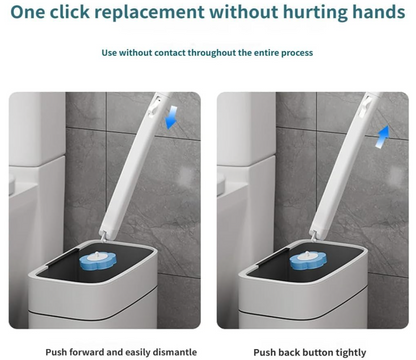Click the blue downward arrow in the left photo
(171, 117)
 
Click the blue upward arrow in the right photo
(382, 136)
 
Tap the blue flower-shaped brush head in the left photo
(98, 261)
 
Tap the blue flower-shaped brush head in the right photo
(308, 260)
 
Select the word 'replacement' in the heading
(150, 13)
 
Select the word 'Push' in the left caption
(56, 352)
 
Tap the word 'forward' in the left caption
(87, 352)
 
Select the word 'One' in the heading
(28, 12)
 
